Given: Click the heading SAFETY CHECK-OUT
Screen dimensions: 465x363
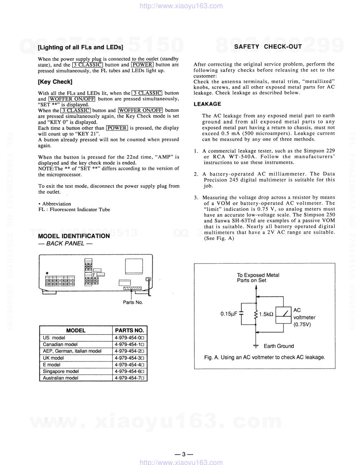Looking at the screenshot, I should click(x=268, y=47).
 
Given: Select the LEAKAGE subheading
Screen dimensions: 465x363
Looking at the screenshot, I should click(x=207, y=104).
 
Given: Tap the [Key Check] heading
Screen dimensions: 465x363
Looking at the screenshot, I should click(x=55, y=82).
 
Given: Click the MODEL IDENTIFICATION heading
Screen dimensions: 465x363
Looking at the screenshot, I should click(x=74, y=236).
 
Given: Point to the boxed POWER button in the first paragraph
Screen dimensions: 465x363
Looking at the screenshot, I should click(x=142, y=65).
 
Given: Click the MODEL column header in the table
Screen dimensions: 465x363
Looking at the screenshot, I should click(x=76, y=330).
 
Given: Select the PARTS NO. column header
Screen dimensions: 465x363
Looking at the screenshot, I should click(x=129, y=330).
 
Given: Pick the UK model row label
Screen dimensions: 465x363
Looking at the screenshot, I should click(x=53, y=358).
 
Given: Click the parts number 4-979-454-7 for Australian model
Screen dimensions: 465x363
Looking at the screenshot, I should click(x=129, y=378).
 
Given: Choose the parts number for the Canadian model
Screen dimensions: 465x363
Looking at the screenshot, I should click(x=129, y=344).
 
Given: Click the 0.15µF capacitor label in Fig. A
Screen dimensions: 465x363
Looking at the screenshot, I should click(x=229, y=314).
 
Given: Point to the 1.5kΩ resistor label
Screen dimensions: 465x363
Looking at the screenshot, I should click(x=266, y=314).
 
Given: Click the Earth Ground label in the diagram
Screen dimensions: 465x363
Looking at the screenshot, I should click(x=278, y=346).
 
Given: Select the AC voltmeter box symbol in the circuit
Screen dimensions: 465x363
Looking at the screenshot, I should click(x=283, y=315).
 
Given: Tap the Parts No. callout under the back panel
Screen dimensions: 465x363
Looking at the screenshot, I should click(x=133, y=302).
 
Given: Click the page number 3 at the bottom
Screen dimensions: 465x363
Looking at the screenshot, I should click(x=184, y=455).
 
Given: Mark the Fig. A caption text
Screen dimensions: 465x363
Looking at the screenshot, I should click(x=265, y=357).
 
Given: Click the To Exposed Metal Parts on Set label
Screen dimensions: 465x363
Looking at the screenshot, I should click(x=258, y=277).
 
